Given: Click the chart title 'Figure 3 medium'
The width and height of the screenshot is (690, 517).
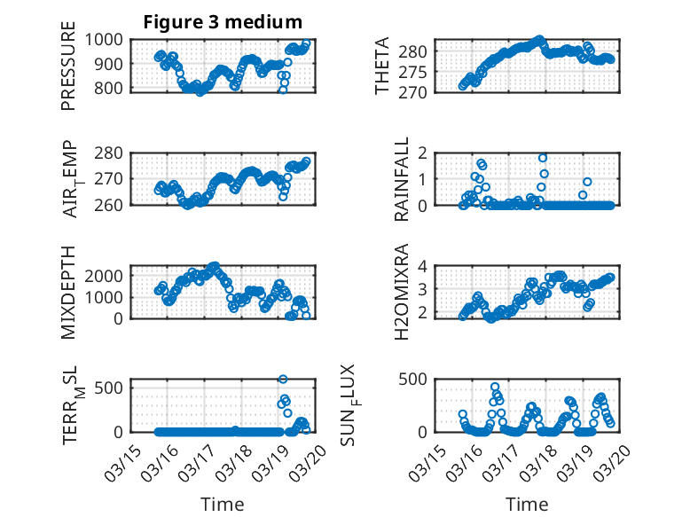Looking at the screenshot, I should [x=223, y=22].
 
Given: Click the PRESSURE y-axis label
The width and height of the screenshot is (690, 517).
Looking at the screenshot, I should [x=68, y=72].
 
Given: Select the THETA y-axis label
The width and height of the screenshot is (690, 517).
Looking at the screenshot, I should [x=383, y=67].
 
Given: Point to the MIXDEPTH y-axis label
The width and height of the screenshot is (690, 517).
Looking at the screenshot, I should [x=68, y=293].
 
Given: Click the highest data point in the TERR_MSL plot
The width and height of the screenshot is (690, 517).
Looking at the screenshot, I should [x=283, y=380].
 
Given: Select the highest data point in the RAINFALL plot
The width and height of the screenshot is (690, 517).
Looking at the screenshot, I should [x=543, y=158].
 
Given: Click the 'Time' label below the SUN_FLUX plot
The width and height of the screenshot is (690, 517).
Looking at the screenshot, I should [x=527, y=505].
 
